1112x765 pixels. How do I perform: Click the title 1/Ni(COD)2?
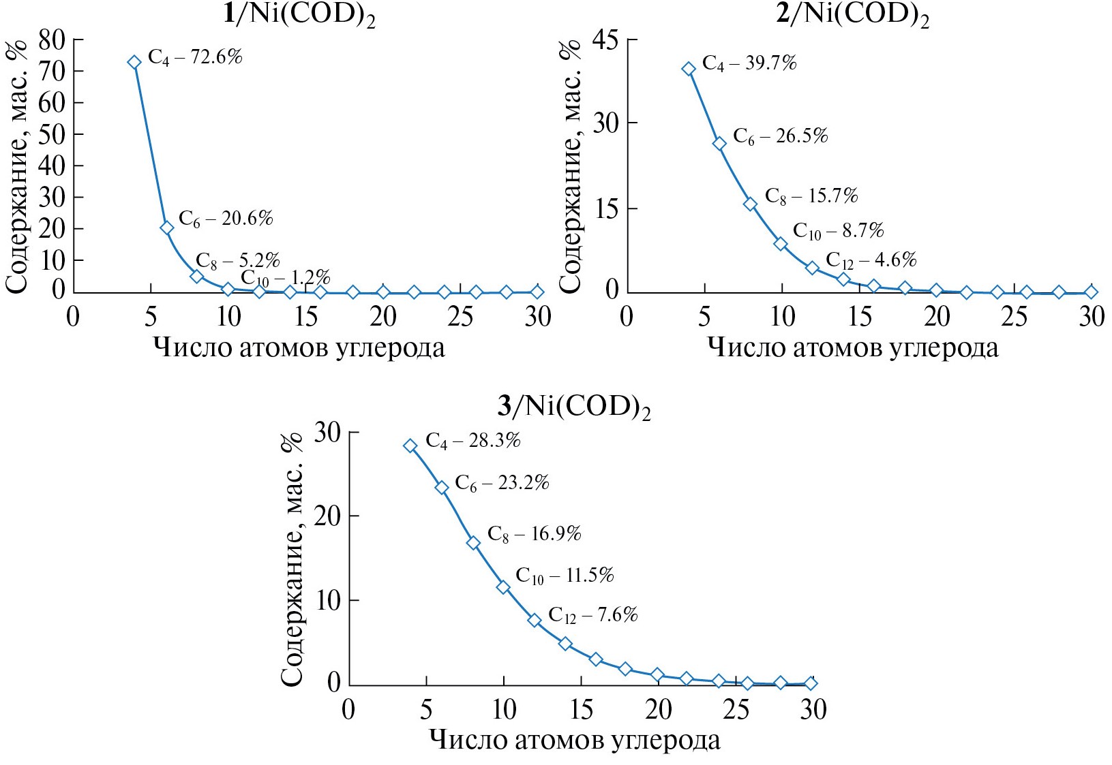(x=299, y=15)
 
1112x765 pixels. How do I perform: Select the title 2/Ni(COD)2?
(x=852, y=15)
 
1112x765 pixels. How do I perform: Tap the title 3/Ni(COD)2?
(x=574, y=407)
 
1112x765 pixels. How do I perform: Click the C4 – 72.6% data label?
(x=195, y=57)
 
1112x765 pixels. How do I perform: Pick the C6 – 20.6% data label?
(x=226, y=219)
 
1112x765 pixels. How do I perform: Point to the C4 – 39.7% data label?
(x=749, y=64)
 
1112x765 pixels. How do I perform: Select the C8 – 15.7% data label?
(x=811, y=197)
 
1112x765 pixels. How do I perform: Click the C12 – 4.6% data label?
(x=871, y=260)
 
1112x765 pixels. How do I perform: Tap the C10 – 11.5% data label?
(x=565, y=576)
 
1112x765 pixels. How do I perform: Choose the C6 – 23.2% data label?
(x=502, y=484)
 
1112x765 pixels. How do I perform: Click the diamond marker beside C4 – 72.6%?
(x=134, y=62)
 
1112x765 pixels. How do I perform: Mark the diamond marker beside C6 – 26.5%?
(x=719, y=143)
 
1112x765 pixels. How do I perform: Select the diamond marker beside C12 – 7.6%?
(x=535, y=620)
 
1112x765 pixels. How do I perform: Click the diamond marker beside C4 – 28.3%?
(x=410, y=446)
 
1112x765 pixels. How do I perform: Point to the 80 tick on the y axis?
(x=52, y=40)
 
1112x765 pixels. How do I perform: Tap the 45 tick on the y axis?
(x=605, y=40)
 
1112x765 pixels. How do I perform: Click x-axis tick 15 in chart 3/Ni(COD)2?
(x=581, y=711)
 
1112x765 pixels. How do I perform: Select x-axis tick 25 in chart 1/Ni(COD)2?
(x=460, y=317)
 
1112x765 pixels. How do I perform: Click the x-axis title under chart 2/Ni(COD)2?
(x=852, y=348)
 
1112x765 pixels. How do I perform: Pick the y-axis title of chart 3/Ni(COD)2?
(x=292, y=559)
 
